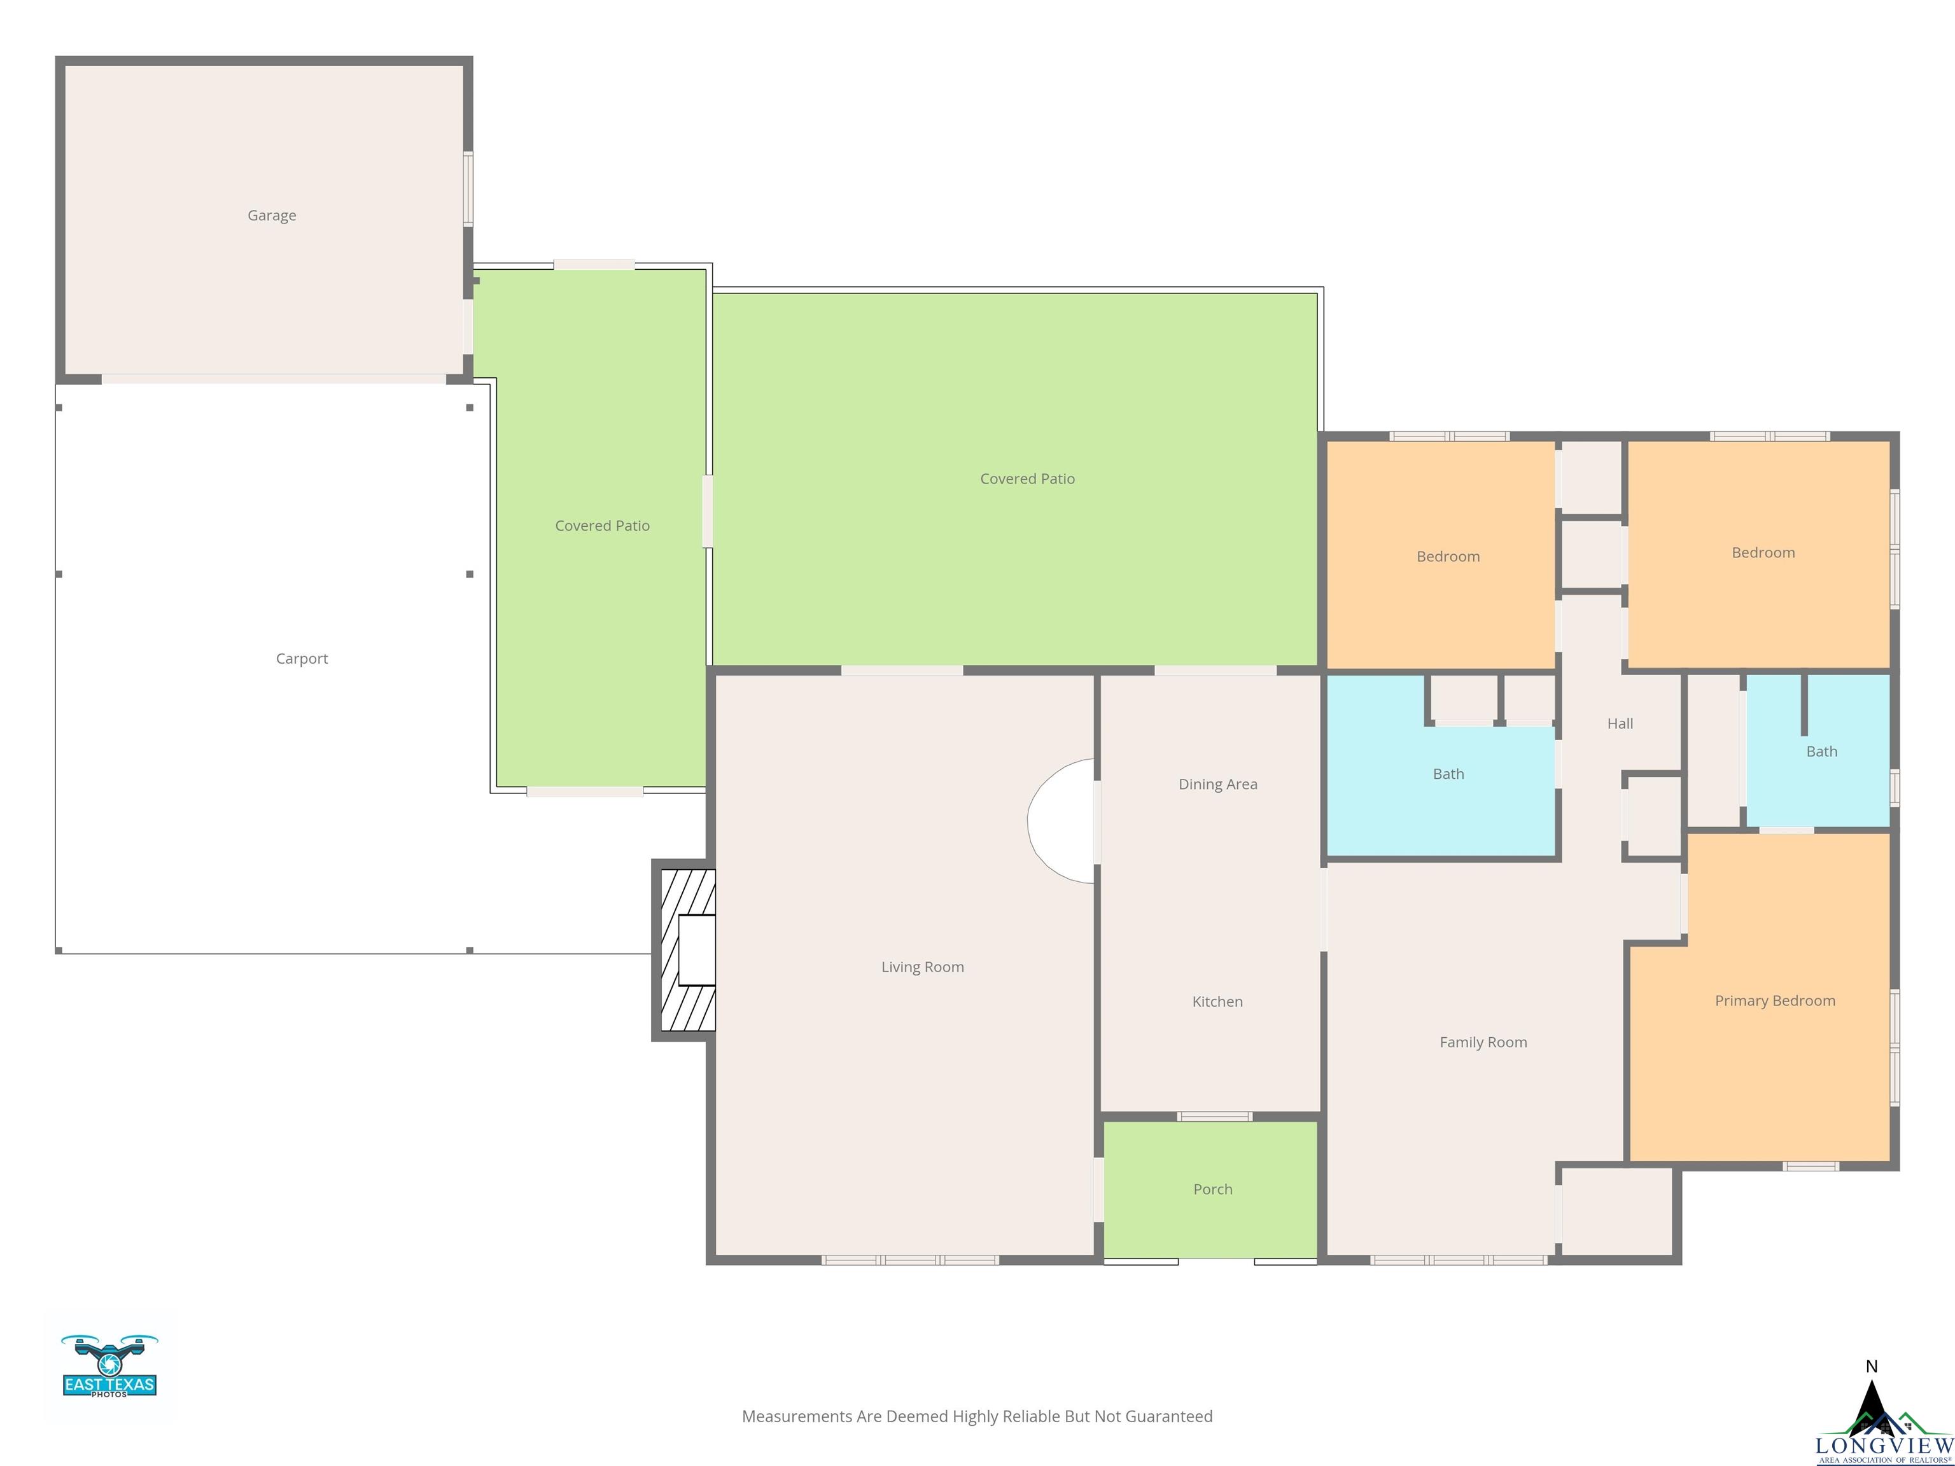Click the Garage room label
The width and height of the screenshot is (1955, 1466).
[271, 216]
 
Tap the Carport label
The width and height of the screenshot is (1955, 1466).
[302, 659]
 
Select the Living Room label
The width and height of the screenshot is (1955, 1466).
[922, 967]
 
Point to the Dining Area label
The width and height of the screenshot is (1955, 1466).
[1217, 784]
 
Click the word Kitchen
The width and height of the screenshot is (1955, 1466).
[1217, 1001]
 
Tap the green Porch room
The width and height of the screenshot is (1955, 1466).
[1212, 1189]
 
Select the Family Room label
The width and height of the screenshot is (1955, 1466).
[1482, 1042]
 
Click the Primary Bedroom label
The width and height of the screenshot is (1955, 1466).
[1774, 1000]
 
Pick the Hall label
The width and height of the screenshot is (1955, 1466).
[1619, 723]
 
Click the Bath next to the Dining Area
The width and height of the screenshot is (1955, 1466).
[1448, 774]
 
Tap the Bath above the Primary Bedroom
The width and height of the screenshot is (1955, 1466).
[1821, 751]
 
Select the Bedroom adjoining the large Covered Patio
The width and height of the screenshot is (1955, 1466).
[1447, 557]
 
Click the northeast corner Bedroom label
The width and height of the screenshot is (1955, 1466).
[1762, 552]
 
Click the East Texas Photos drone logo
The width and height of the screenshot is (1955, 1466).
[109, 1366]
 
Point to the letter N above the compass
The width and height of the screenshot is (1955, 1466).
[1870, 1366]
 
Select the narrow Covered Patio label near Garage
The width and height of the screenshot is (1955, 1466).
[602, 526]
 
